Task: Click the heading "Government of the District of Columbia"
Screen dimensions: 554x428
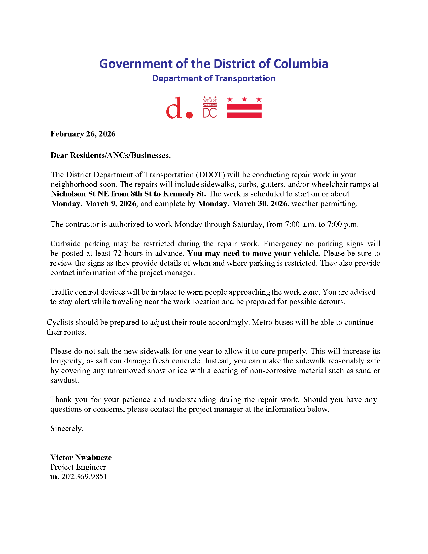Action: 213,64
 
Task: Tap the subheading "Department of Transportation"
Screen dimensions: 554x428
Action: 214,79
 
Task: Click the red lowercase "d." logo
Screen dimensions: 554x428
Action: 179,108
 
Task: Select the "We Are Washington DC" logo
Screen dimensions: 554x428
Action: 210,107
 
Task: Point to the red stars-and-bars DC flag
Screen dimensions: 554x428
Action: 244,108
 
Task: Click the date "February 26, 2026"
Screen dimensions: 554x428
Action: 83,134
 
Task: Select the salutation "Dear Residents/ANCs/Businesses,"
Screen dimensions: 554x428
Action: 111,155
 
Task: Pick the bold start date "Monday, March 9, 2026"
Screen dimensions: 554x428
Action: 94,204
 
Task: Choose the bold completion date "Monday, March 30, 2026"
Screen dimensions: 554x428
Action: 243,204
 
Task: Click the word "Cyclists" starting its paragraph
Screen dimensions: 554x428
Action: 60,322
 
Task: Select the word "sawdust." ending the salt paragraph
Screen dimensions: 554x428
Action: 65,380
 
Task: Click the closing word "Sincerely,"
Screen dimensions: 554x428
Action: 67,428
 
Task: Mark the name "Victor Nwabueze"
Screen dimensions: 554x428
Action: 81,457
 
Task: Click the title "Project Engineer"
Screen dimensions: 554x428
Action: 78,467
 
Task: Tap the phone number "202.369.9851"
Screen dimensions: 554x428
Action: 84,477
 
